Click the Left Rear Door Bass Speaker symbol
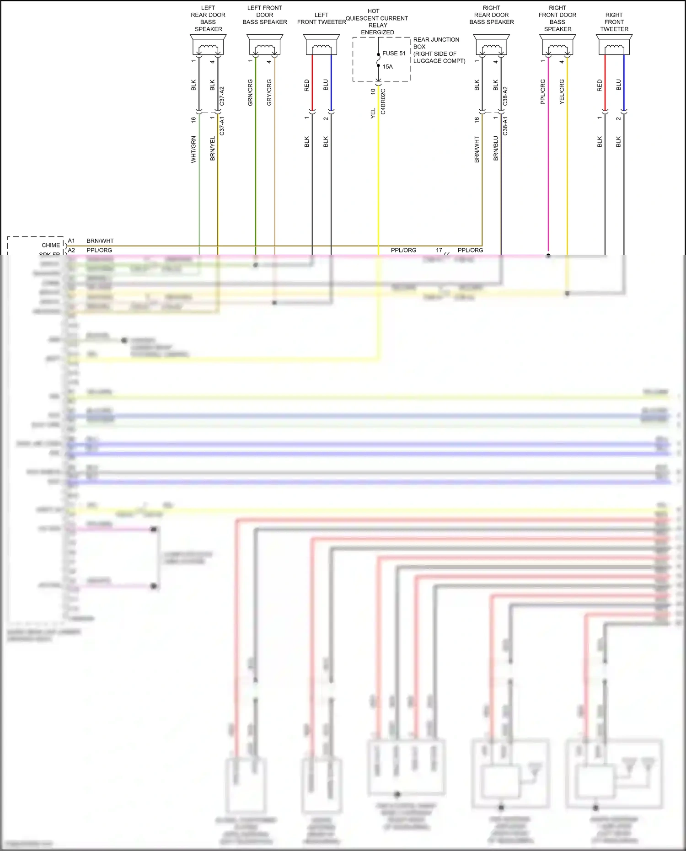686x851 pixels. (x=208, y=46)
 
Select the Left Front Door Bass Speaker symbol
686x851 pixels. (x=265, y=46)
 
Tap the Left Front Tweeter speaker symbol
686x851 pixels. (x=322, y=46)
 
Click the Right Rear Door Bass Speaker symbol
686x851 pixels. (x=492, y=46)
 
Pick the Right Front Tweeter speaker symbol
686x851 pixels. (x=614, y=46)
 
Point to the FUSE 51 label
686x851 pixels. (x=394, y=54)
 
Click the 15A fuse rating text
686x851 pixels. (x=387, y=67)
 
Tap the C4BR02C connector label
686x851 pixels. (x=383, y=102)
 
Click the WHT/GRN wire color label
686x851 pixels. (x=193, y=149)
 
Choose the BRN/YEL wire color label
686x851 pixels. (x=212, y=148)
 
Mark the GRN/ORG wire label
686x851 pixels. (x=250, y=93)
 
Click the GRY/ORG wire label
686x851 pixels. (x=269, y=93)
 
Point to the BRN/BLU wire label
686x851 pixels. (x=496, y=148)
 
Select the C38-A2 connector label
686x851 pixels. (x=505, y=96)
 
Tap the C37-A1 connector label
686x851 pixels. (x=222, y=126)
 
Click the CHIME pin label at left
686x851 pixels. (x=50, y=245)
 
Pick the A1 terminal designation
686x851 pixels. (x=71, y=241)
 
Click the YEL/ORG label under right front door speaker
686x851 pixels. (x=562, y=92)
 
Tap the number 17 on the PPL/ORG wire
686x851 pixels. (x=439, y=250)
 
